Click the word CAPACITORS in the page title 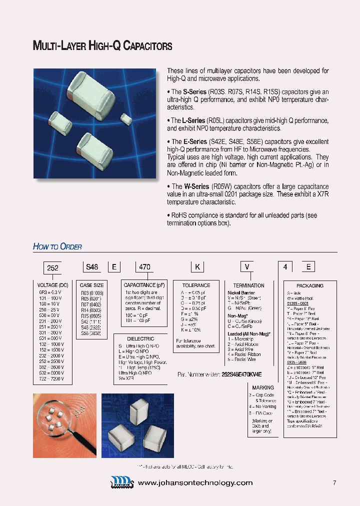147,46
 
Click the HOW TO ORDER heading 57,246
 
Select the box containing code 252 52,267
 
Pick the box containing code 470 144,267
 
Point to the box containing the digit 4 285,267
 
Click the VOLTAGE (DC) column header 52,285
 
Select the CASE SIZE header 92,285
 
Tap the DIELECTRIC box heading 141,338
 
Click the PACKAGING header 310,285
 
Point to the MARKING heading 263,387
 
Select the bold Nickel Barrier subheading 241,292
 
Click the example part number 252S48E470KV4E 241,374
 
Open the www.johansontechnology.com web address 195,482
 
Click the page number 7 334,482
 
